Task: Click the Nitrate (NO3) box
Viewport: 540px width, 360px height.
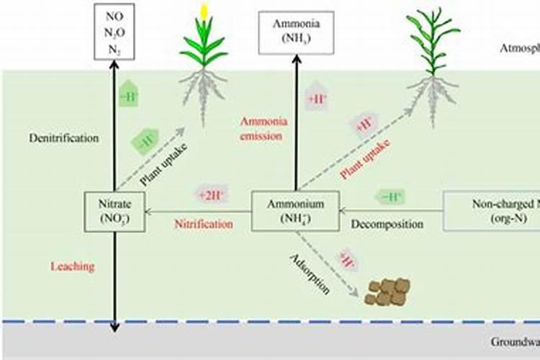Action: [x=114, y=211]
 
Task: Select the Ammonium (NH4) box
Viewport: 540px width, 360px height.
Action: [x=295, y=211]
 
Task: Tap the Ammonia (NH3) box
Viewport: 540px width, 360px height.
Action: [x=296, y=32]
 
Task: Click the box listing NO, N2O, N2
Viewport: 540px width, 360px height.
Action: [x=114, y=30]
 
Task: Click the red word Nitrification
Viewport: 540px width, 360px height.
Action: [x=204, y=224]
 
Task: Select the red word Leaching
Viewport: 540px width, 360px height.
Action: [x=72, y=266]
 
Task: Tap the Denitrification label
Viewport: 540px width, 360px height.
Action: [x=64, y=138]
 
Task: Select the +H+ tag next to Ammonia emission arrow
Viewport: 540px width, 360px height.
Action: [x=317, y=100]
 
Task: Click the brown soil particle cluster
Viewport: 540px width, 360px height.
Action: [x=387, y=290]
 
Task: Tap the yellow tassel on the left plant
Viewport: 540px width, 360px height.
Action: [x=204, y=12]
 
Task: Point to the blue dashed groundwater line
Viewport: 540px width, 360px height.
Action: [x=288, y=322]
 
